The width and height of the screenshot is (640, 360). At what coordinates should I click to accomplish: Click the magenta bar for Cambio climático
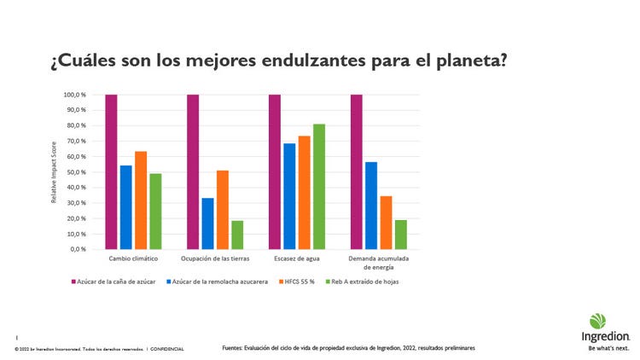[x=111, y=171]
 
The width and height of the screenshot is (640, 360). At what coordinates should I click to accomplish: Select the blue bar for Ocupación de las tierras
[x=207, y=224]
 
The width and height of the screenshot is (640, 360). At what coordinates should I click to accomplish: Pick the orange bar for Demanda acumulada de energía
[x=386, y=223]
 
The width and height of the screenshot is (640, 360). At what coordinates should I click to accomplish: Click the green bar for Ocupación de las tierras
[x=236, y=235]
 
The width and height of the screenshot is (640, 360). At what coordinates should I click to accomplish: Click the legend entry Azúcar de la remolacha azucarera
[x=221, y=281]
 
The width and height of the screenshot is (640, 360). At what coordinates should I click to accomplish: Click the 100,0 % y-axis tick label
[x=74, y=95]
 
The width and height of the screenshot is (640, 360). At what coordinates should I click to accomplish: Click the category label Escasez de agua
[x=296, y=258]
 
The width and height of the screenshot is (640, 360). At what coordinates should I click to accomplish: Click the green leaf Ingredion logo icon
[x=597, y=321]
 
